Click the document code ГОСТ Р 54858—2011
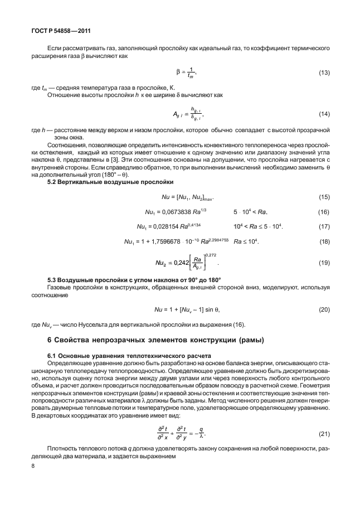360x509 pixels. pos(54,32)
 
